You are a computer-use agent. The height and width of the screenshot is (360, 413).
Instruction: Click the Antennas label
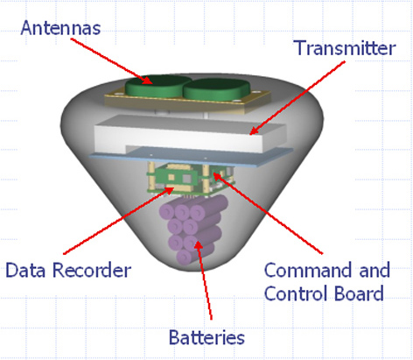(x=60, y=28)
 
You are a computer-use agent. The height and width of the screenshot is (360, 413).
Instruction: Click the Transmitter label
(x=345, y=48)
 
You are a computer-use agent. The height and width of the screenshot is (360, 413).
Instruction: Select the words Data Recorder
(x=68, y=270)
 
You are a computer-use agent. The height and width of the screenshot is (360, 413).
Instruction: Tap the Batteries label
(x=206, y=337)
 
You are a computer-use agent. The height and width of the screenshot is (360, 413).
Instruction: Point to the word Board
(x=359, y=293)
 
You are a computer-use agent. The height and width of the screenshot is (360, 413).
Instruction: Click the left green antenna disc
(x=157, y=86)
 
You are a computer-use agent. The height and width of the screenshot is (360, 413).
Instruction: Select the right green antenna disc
(x=217, y=89)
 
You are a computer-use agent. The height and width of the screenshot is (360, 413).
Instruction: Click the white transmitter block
(x=190, y=133)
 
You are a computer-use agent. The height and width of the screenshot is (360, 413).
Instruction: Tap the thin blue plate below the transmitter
(x=191, y=157)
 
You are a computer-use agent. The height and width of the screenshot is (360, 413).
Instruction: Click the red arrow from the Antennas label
(x=112, y=60)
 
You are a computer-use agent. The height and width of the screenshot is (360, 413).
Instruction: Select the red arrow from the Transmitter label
(x=297, y=98)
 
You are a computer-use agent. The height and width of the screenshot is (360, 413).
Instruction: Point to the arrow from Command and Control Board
(x=269, y=213)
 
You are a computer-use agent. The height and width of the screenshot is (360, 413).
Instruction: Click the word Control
(x=297, y=293)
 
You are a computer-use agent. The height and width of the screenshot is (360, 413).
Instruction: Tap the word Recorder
(x=92, y=270)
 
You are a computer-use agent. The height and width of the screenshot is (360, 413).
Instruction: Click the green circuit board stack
(x=191, y=180)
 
